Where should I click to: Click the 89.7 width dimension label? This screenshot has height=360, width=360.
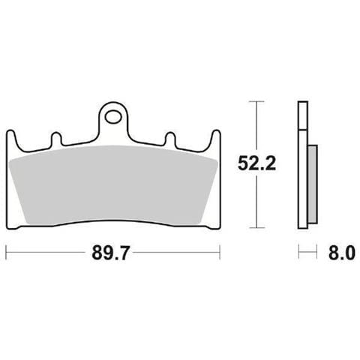pyautogui.click(x=110, y=253)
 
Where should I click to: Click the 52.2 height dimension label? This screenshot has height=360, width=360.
pyautogui.click(x=256, y=163)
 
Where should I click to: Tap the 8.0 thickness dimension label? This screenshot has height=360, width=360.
pyautogui.click(x=342, y=253)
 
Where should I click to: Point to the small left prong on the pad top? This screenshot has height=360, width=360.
pyautogui.click(x=56, y=139)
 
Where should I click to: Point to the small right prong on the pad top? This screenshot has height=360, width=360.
pyautogui.click(x=171, y=139)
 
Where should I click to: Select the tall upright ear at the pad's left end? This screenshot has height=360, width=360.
pyautogui.click(x=12, y=140)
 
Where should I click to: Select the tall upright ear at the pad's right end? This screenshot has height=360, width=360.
pyautogui.click(x=215, y=140)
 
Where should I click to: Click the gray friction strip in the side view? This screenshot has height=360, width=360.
pyautogui.click(x=313, y=184)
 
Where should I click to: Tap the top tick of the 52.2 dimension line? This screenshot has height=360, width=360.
pyautogui.click(x=256, y=101)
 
